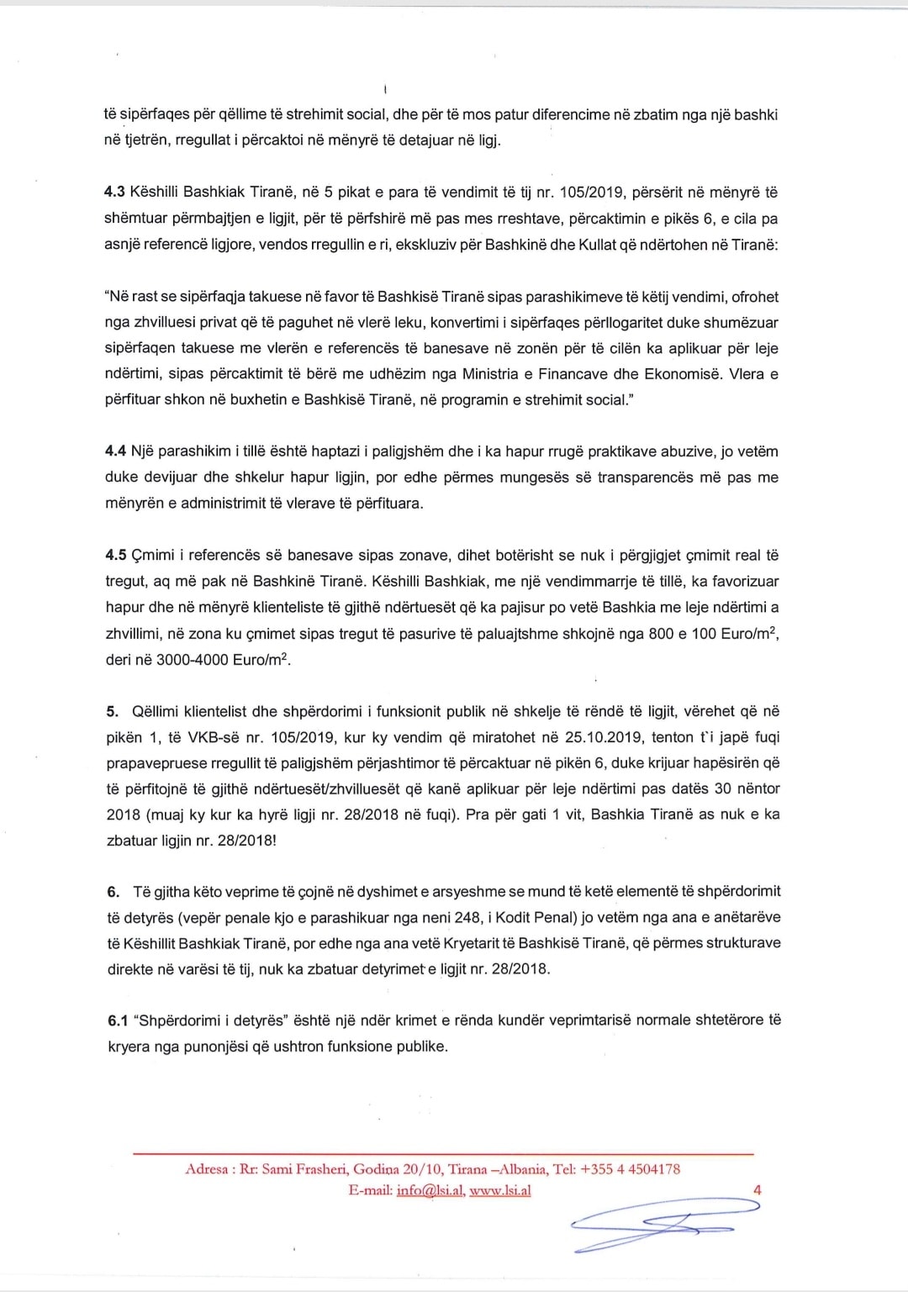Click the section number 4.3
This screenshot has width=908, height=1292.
click(x=114, y=192)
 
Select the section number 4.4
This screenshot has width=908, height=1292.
click(x=115, y=451)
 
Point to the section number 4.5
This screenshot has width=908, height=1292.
click(x=116, y=555)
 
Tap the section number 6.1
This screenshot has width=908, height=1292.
click(x=118, y=1020)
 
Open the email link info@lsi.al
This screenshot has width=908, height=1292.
click(x=429, y=1190)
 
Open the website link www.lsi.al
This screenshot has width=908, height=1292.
click(x=499, y=1190)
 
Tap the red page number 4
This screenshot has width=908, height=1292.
click(x=758, y=1190)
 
